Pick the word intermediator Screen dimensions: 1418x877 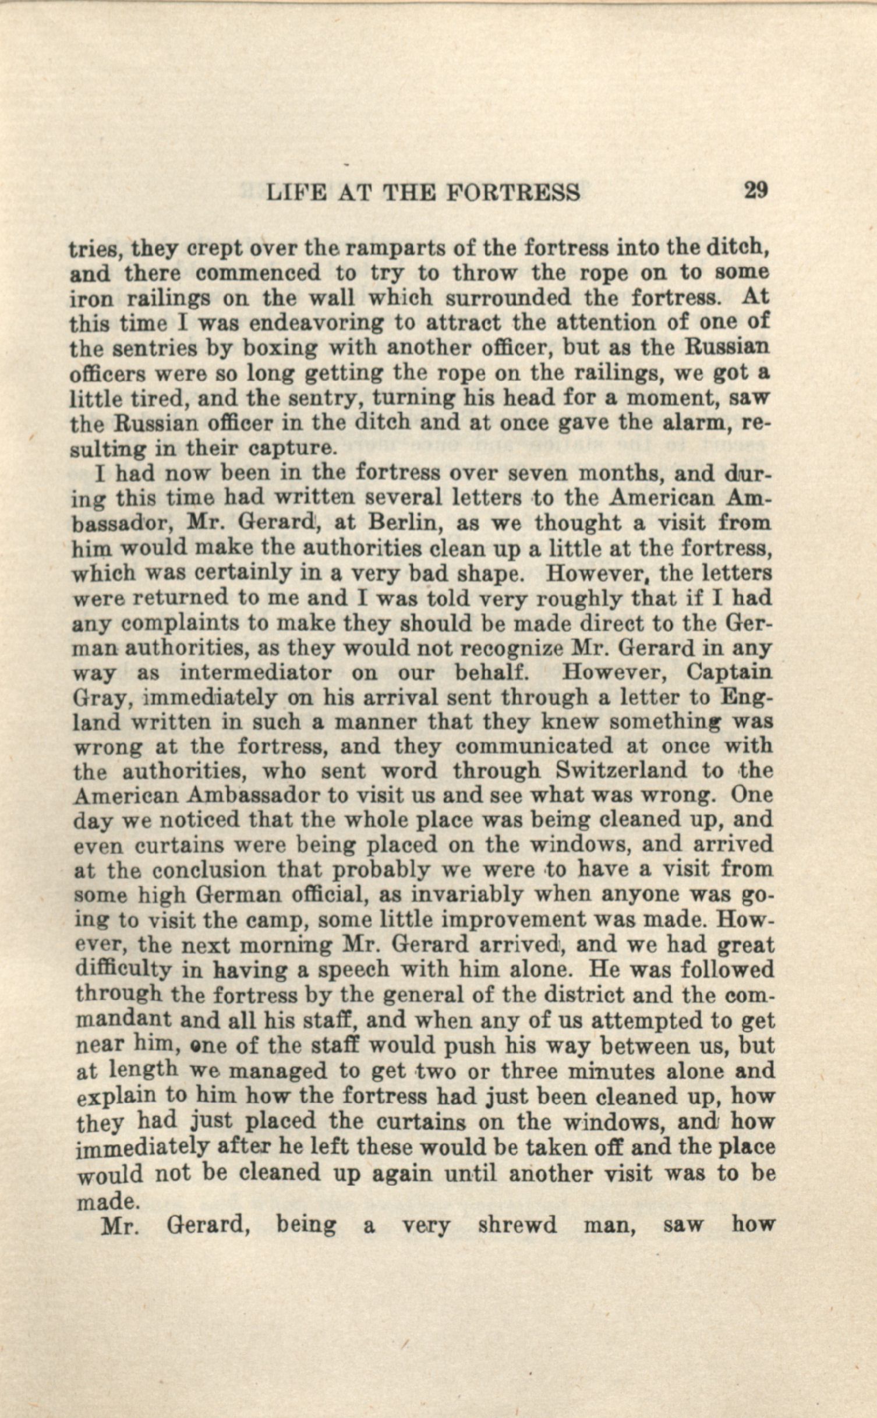[256, 673]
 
